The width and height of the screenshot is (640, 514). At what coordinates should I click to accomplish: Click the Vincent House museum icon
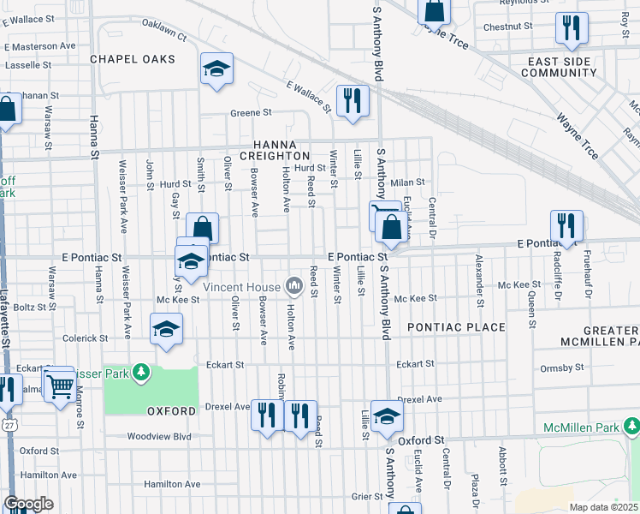[x=294, y=284]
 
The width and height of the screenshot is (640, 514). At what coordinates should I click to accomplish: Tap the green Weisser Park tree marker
[x=142, y=373]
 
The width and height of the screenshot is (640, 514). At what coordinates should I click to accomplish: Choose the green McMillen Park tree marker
[x=631, y=426]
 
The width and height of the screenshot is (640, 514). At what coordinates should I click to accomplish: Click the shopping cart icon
[x=59, y=386]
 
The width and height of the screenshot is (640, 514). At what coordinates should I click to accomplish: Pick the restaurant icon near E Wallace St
[x=352, y=102]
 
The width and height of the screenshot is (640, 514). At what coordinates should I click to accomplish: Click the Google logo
[x=27, y=504]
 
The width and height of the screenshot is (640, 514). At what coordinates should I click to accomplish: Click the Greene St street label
[x=250, y=112]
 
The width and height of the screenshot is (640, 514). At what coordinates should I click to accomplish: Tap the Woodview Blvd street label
[x=158, y=436]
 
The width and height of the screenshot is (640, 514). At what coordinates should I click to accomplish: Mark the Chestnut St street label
[x=507, y=27]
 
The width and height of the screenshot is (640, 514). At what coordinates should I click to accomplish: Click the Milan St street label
[x=408, y=182]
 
